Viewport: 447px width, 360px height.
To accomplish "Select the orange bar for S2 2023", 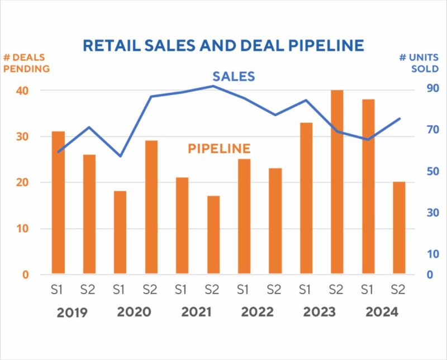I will pos(337,182).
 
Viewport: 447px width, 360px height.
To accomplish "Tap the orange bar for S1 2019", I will pos(58,202).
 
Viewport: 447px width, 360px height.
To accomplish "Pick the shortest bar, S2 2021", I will pos(213,235).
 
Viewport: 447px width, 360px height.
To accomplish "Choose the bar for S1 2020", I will pos(120,233).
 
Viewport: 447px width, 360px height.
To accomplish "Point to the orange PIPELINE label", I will pos(218,149).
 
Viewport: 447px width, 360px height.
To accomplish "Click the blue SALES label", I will pos(234,77).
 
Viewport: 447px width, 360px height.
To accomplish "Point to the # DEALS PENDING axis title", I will pos(26,63).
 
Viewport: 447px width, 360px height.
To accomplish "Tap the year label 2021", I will pos(196,312).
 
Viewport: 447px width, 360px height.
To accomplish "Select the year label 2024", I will pos(382,312).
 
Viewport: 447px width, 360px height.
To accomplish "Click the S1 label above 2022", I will pos(242,290).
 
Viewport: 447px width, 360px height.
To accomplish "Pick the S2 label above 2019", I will pos(89,290).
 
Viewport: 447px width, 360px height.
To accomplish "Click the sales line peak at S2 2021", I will pos(213,86).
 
